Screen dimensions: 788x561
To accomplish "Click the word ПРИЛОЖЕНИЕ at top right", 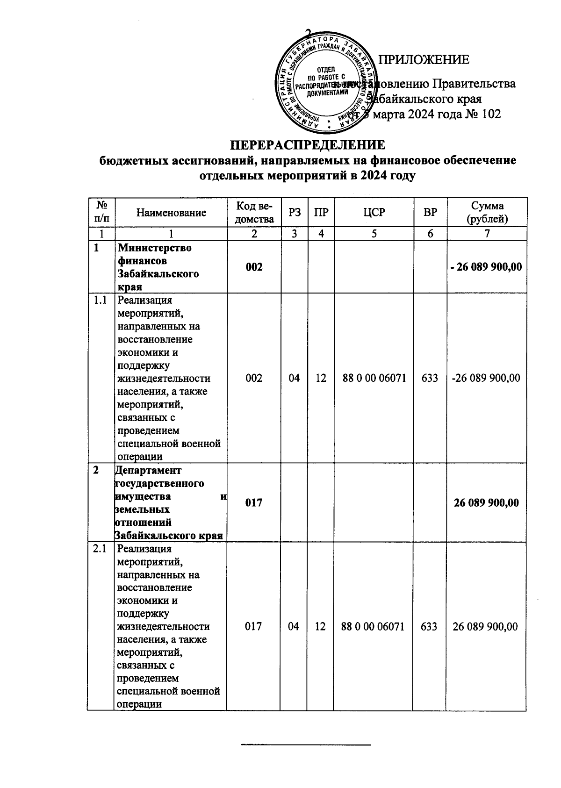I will click(x=423, y=60).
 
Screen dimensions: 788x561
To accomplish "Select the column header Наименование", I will click(x=171, y=213).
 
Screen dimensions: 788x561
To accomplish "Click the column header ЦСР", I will click(x=374, y=213).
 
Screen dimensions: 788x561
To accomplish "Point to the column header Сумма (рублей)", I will click(x=487, y=213).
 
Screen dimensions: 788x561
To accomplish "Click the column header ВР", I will click(x=430, y=213).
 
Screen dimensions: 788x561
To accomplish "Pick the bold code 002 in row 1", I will click(x=254, y=267).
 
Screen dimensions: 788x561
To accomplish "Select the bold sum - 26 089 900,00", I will click(x=487, y=267).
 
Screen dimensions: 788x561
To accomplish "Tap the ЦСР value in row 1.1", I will click(x=374, y=378).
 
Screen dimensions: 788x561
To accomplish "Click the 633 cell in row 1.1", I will click(x=430, y=378).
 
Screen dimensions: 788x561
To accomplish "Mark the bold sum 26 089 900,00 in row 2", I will click(x=486, y=503).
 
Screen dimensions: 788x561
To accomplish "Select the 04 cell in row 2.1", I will click(x=294, y=626).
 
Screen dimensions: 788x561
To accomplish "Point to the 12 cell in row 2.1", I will click(x=320, y=626).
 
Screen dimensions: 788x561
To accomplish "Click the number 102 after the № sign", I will click(x=490, y=114).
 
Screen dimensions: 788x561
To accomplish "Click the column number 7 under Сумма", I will click(x=487, y=234).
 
